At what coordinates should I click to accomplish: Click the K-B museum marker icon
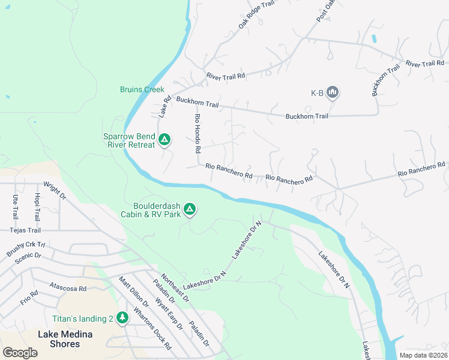[334, 92]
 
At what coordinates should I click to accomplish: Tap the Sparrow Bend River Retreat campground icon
[164, 140]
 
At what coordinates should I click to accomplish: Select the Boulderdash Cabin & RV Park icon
[190, 209]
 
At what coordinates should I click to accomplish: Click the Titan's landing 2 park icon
[122, 317]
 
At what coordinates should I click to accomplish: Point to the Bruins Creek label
[142, 89]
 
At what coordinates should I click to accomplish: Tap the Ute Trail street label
[15, 206]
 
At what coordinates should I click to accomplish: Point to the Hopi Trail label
[37, 206]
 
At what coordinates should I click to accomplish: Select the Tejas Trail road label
[25, 230]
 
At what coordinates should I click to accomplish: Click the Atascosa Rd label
[68, 288]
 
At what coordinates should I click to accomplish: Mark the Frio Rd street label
[29, 298]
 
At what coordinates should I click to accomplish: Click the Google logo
[20, 352]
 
